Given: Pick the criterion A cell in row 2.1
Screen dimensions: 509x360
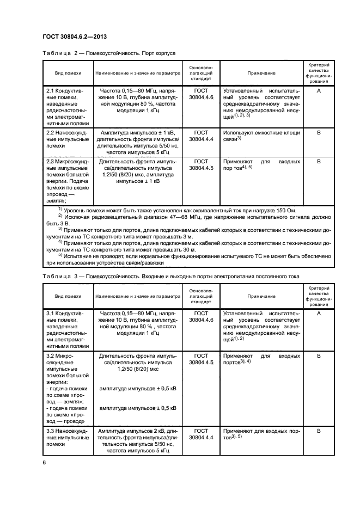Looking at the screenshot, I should click(319, 91).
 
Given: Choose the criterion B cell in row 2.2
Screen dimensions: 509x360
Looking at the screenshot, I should click(319, 132).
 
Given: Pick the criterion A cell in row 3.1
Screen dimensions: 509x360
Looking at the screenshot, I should click(319, 314).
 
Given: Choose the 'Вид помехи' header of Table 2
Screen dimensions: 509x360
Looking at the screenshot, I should click(68, 73).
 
